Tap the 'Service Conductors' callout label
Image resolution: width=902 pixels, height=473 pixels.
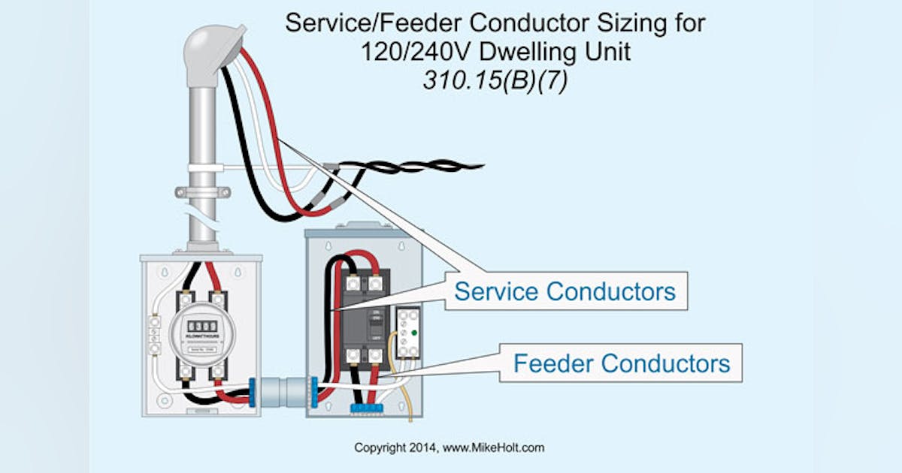tap(565, 291)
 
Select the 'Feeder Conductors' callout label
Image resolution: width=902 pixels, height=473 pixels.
tap(621, 364)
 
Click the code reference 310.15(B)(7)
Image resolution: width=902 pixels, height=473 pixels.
tap(495, 81)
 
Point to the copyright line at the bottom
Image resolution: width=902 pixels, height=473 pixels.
tap(449, 447)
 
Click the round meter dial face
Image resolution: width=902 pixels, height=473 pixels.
tap(201, 335)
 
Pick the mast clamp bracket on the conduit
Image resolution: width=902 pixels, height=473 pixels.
tap(201, 192)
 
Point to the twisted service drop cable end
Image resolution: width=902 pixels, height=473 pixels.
tap(451, 164)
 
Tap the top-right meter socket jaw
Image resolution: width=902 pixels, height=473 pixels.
tap(218, 299)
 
